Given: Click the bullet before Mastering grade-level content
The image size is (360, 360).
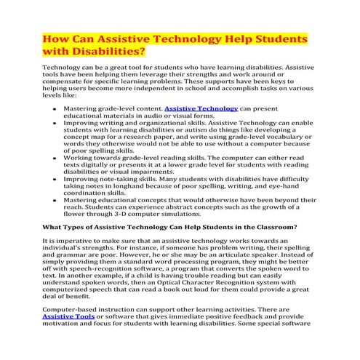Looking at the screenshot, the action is pos(55,108).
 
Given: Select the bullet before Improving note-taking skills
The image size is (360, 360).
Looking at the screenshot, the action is pos(55,178).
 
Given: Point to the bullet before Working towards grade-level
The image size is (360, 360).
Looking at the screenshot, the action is pos(55,157).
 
